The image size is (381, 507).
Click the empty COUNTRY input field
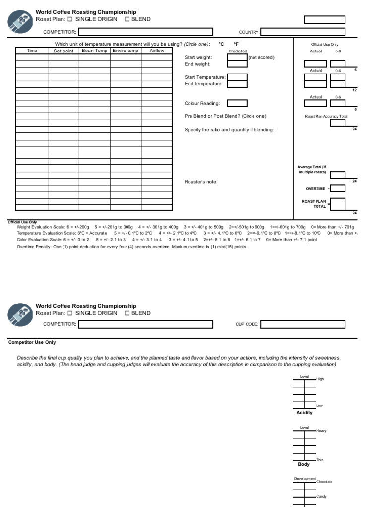coord(303,32)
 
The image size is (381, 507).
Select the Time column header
coord(32,51)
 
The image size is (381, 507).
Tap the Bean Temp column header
coord(94,51)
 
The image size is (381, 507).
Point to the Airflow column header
coord(157,51)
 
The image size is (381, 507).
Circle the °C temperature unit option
coord(221,44)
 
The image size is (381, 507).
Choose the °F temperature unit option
coord(236,44)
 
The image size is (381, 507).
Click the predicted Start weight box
coord(237,57)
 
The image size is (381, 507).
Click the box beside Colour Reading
coord(237,103)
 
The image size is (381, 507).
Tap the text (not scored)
coord(261,57)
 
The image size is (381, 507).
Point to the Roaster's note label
coord(201,182)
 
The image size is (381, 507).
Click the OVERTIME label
coord(316,189)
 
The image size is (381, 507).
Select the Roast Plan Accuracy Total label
coord(326,116)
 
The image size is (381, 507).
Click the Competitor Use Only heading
coord(32,342)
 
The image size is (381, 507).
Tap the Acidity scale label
coord(304,413)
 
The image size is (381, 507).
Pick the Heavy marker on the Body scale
coord(321,431)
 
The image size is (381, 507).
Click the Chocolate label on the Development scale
coord(324,482)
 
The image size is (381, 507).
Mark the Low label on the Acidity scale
coord(319,406)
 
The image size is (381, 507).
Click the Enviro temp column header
coord(126,51)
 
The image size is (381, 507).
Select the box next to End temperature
coord(237,84)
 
